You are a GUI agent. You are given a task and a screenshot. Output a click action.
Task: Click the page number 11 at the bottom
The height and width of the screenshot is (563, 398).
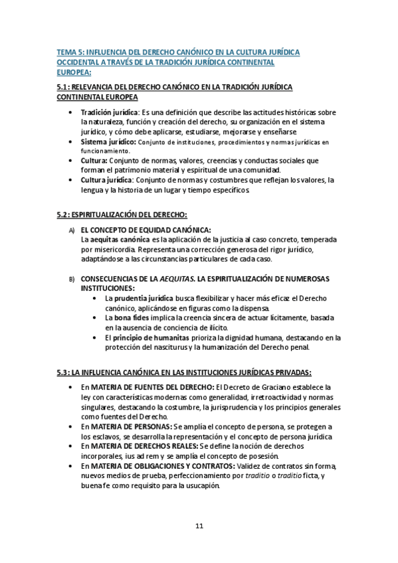tap(199, 526)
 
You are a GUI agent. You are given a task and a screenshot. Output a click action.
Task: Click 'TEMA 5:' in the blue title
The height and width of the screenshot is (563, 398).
tap(70, 51)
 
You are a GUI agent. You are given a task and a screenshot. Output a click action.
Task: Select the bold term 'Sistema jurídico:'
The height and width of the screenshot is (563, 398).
tap(108, 141)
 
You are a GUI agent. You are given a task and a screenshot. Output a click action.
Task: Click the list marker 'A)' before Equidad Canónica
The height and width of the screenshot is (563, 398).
tap(72, 230)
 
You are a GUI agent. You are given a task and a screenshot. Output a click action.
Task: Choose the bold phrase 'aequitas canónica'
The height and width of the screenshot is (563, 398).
tap(120, 239)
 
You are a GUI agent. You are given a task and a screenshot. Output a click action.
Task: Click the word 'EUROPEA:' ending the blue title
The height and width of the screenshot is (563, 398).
tap(74, 72)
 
